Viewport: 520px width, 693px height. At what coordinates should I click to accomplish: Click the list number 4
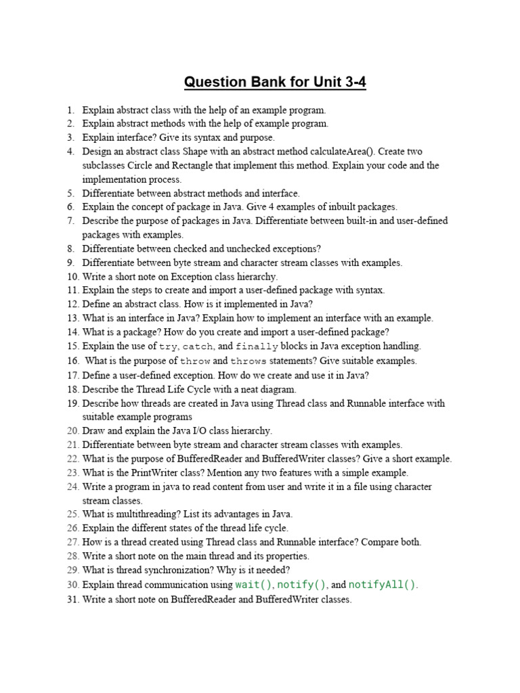(70, 152)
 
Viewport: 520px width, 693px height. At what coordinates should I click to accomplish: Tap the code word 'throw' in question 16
(196, 361)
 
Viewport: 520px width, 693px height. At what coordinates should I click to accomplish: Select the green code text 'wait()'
(253, 585)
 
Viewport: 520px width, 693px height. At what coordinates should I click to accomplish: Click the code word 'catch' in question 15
(199, 346)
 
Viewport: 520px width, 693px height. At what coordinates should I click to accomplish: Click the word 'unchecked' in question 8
(236, 248)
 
